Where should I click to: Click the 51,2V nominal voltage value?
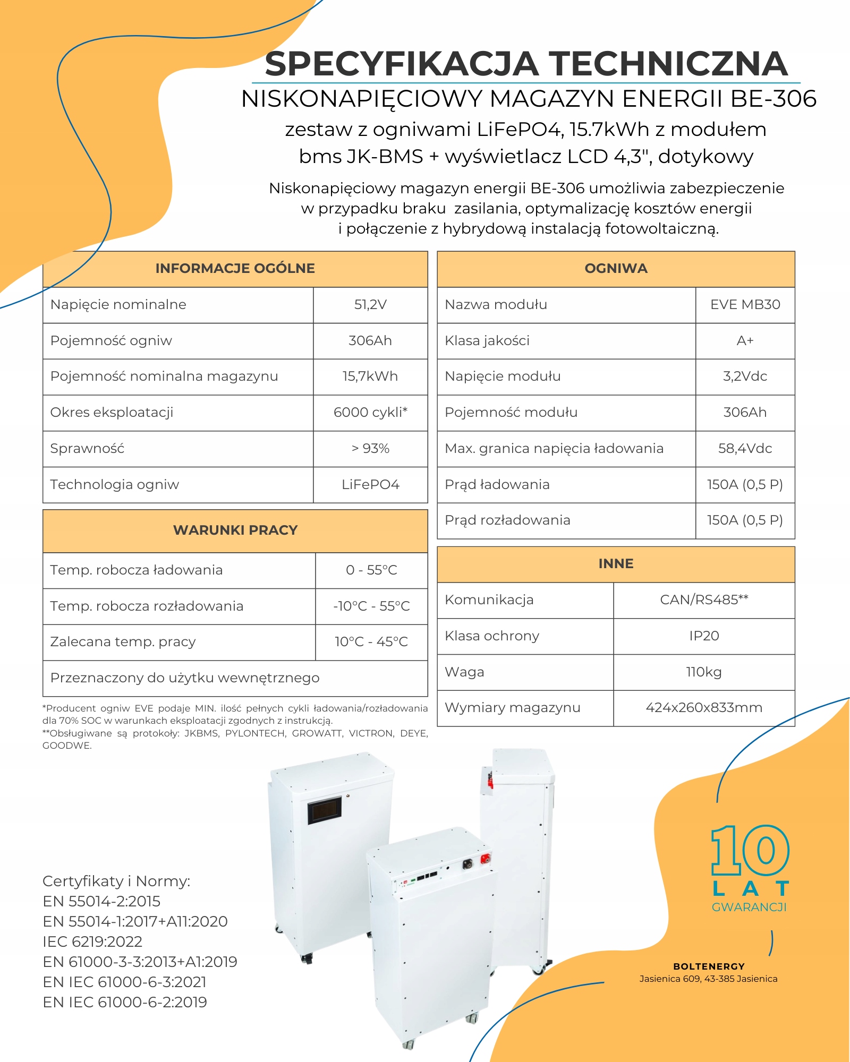370,305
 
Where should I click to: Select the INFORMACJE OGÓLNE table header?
235,269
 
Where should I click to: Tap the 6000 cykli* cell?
370,413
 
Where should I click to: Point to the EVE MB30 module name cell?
745,305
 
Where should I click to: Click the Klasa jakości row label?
487,341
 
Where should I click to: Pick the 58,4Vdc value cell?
745,449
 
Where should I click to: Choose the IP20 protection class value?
704,636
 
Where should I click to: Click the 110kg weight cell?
704,672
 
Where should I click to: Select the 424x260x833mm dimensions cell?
704,708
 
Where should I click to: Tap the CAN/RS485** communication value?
704,600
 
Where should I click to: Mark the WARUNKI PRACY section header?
235,530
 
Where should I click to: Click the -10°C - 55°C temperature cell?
371,606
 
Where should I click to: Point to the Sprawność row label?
87,449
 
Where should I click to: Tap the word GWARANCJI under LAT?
749,907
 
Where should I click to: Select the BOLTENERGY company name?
709,966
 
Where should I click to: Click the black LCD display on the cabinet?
324,810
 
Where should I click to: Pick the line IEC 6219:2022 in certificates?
92,942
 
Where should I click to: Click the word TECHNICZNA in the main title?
668,64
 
